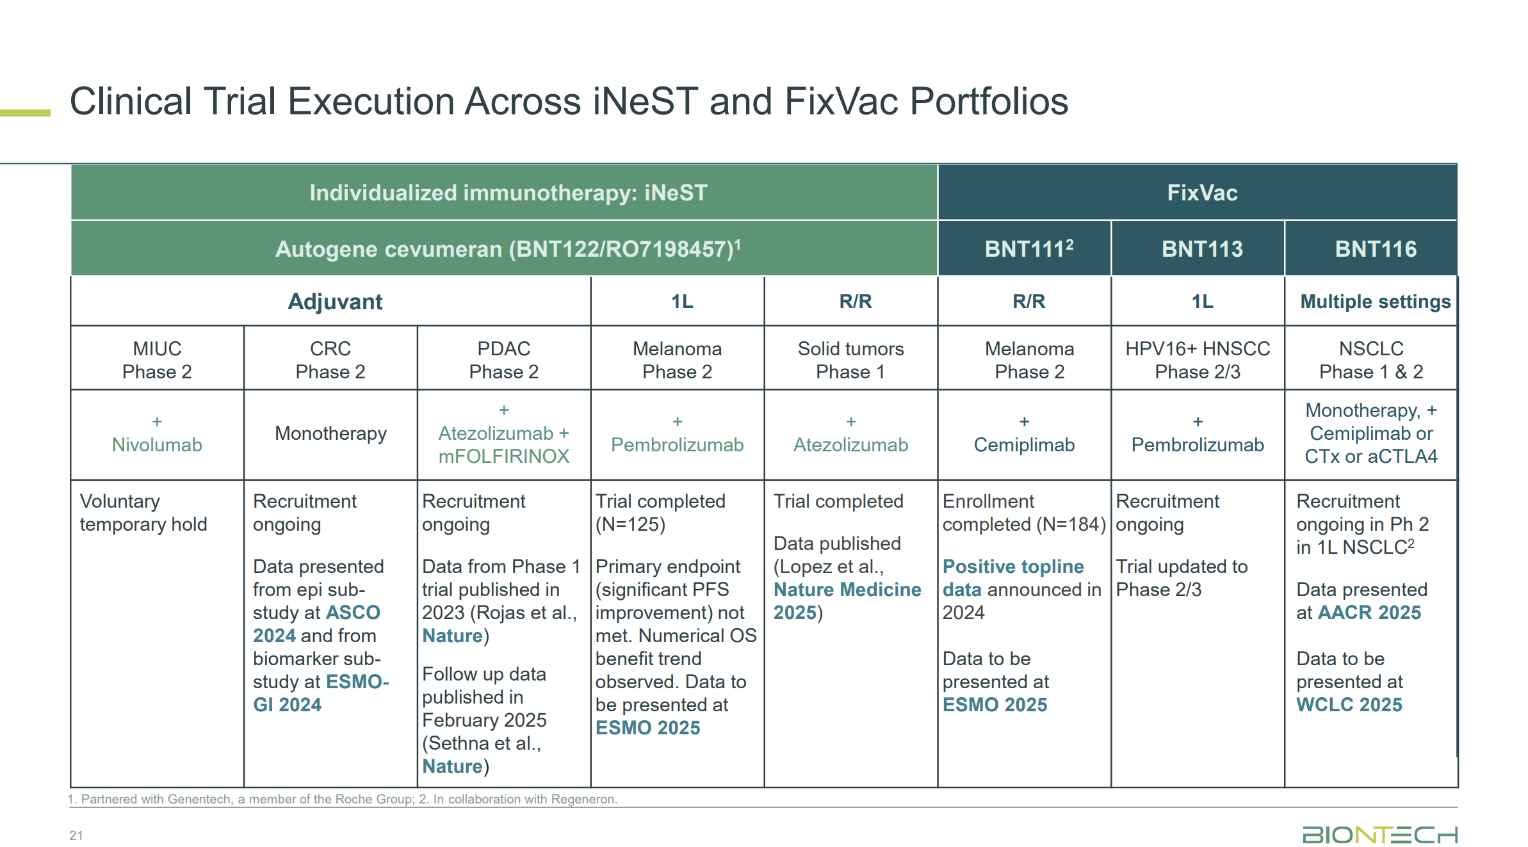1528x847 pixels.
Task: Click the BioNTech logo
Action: (x=1379, y=835)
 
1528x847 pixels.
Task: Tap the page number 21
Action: (x=76, y=835)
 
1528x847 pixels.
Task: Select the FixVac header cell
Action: (x=1201, y=193)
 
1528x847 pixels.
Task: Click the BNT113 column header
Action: (x=1201, y=249)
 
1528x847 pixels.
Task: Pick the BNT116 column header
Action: (x=1375, y=249)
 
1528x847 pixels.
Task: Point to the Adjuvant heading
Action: (x=334, y=302)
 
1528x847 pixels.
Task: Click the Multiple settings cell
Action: (x=1375, y=302)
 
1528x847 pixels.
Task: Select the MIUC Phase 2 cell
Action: (x=157, y=360)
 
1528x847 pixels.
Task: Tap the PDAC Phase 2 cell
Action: (x=503, y=360)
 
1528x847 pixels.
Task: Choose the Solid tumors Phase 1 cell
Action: (x=850, y=360)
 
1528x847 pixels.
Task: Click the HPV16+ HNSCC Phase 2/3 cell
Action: (x=1197, y=360)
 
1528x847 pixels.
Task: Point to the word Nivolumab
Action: (x=157, y=445)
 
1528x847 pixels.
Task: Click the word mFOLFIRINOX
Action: (x=503, y=456)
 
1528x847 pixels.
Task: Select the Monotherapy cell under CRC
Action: (x=330, y=433)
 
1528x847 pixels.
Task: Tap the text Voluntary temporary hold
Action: (x=143, y=513)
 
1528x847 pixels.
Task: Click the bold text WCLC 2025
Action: (x=1349, y=705)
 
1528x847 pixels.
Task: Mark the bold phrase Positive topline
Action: (x=1012, y=567)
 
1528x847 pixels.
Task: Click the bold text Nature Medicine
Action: (x=847, y=590)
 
